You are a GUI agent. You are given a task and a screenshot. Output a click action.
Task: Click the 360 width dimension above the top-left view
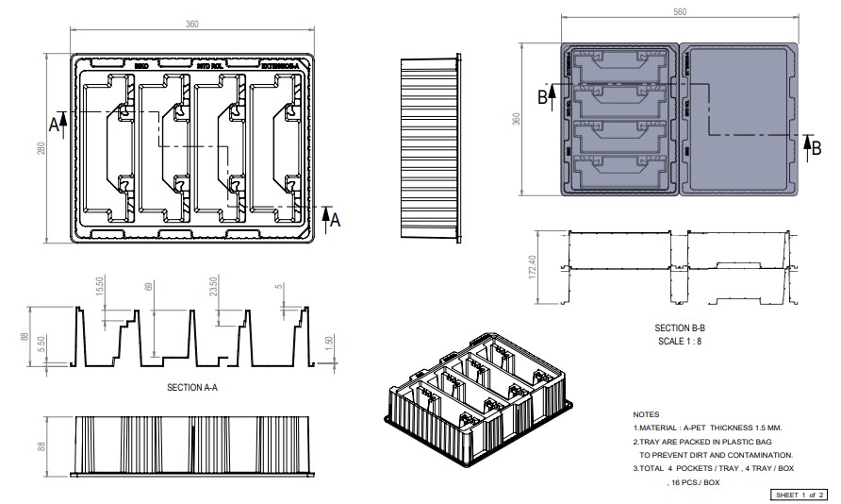click(192, 24)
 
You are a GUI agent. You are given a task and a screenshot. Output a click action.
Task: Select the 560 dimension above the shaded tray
click(680, 12)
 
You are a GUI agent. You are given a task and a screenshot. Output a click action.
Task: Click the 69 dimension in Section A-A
click(147, 286)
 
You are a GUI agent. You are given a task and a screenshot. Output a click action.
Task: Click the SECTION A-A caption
click(192, 388)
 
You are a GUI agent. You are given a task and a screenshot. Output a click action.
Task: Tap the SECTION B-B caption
click(680, 328)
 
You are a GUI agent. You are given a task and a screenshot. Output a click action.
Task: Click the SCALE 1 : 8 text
click(679, 341)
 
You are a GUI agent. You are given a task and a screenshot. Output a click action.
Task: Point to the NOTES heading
click(646, 414)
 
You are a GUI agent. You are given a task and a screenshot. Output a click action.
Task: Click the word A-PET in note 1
click(699, 428)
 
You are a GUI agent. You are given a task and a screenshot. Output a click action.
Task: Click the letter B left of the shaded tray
click(542, 95)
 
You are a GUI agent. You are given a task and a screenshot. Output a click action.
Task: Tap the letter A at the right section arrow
click(335, 217)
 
